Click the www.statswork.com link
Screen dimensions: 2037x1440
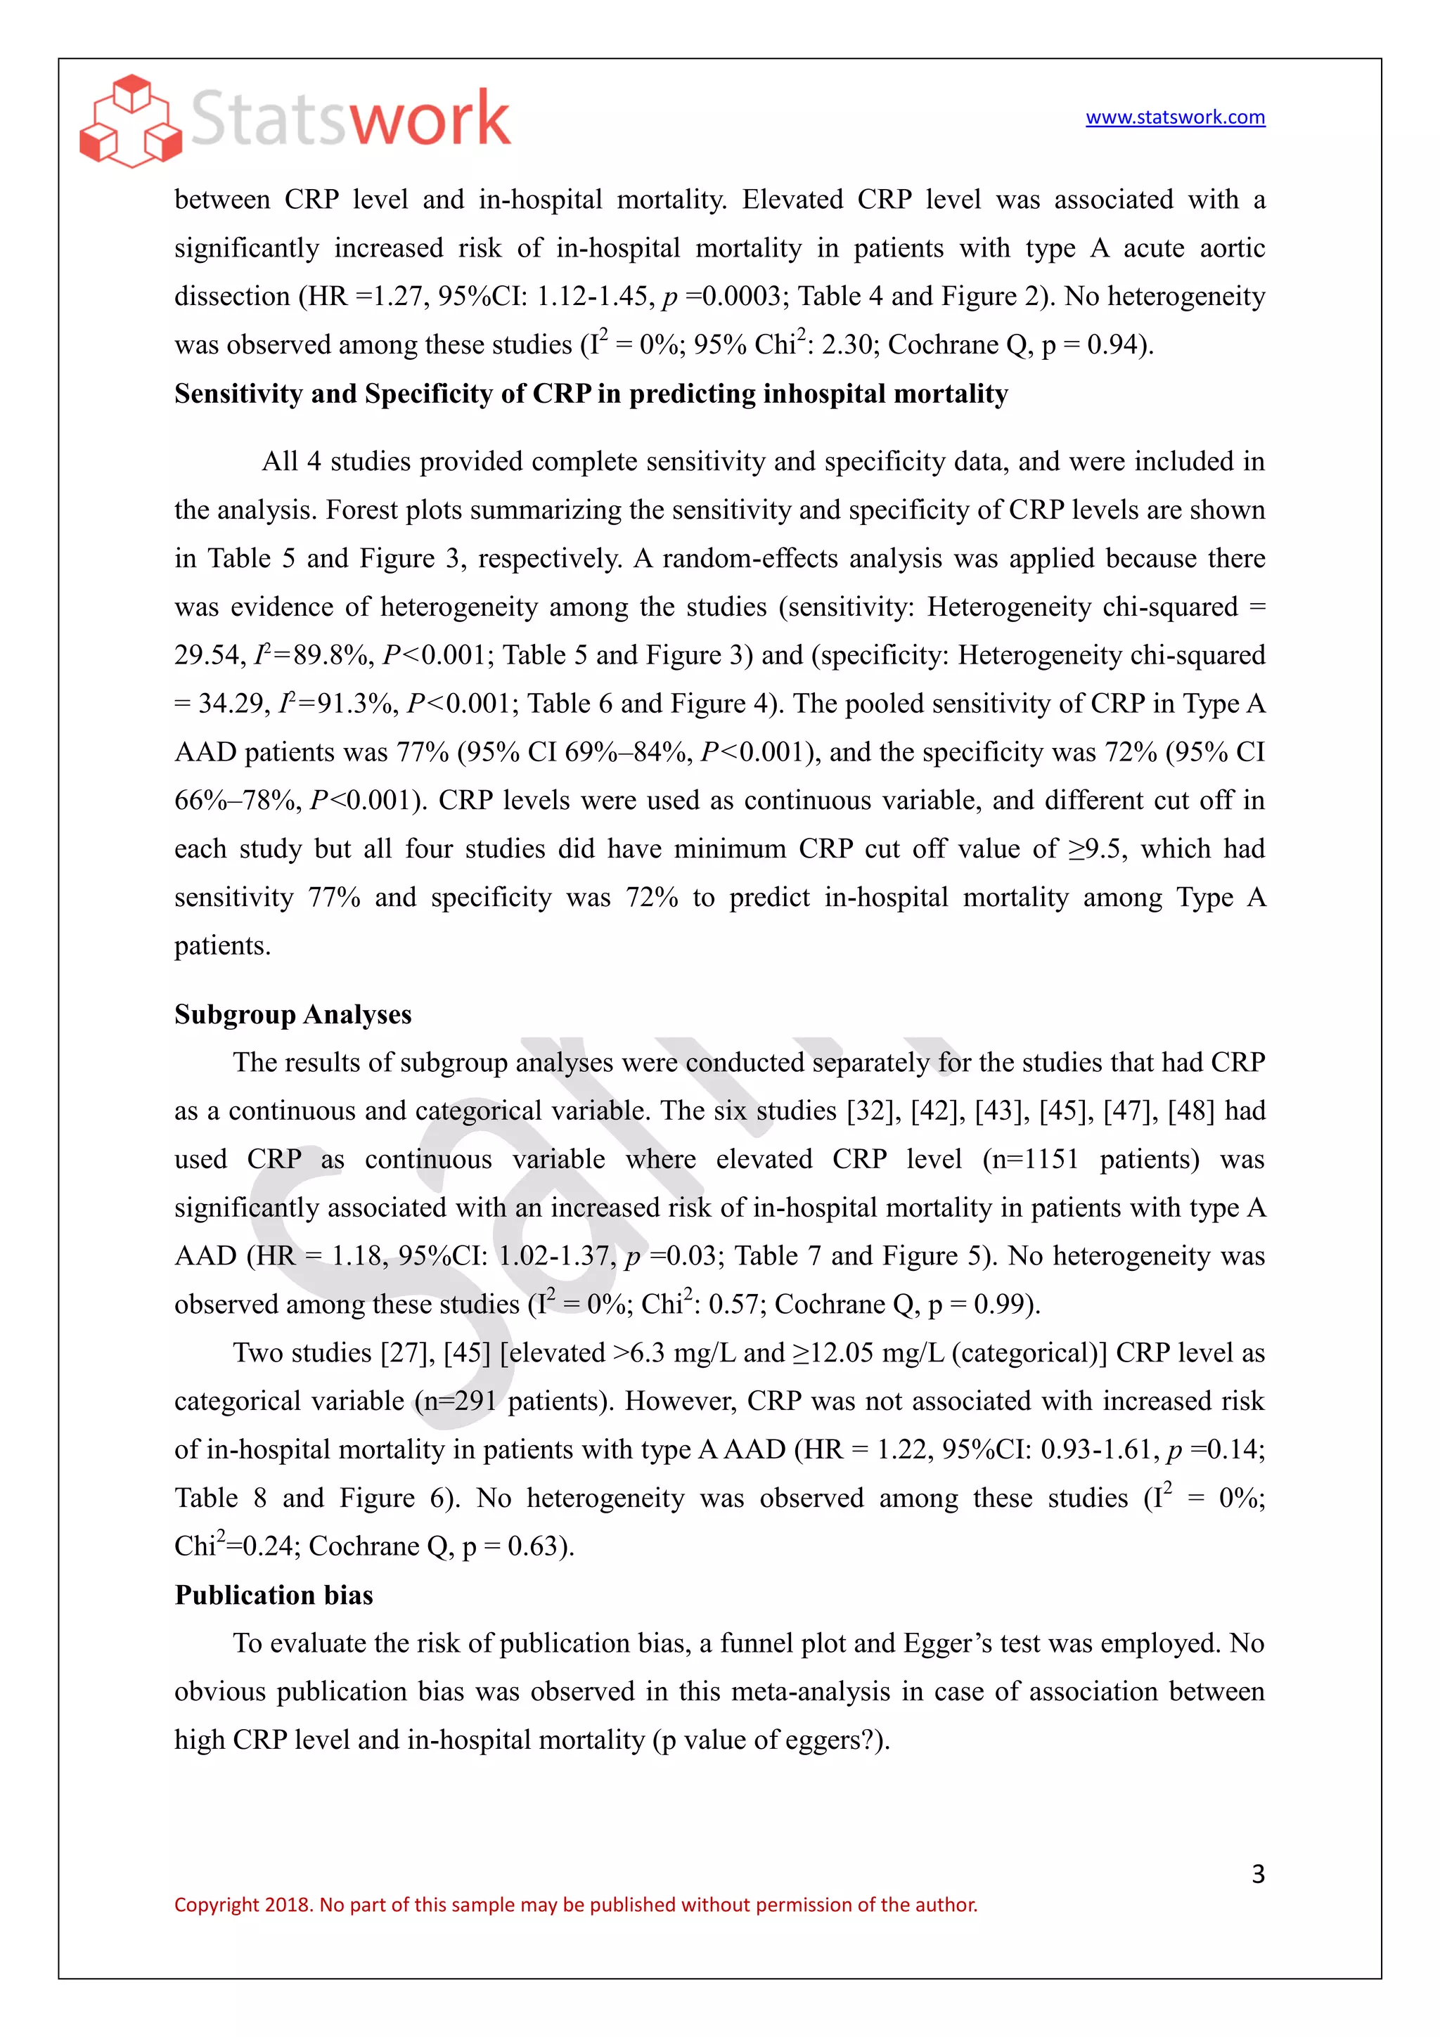(1175, 117)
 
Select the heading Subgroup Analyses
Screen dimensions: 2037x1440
(292, 1014)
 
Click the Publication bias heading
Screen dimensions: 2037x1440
(274, 1595)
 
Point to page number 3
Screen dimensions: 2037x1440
(1257, 1874)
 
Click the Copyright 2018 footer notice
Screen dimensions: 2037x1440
(575, 1905)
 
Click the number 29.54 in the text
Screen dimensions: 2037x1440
(207, 656)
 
